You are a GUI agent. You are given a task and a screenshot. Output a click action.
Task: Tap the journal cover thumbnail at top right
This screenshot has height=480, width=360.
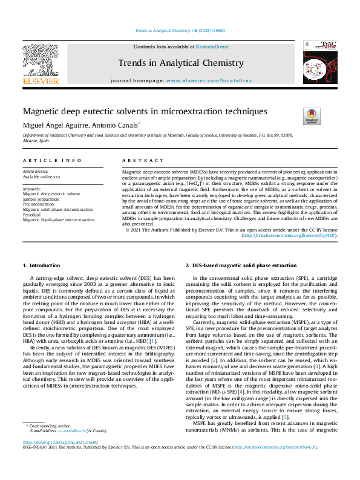[x=319, y=63]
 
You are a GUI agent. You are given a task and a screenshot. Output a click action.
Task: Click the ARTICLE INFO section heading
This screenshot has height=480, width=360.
[x=52, y=160]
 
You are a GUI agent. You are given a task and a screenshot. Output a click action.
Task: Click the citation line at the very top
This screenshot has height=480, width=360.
[x=179, y=30]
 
